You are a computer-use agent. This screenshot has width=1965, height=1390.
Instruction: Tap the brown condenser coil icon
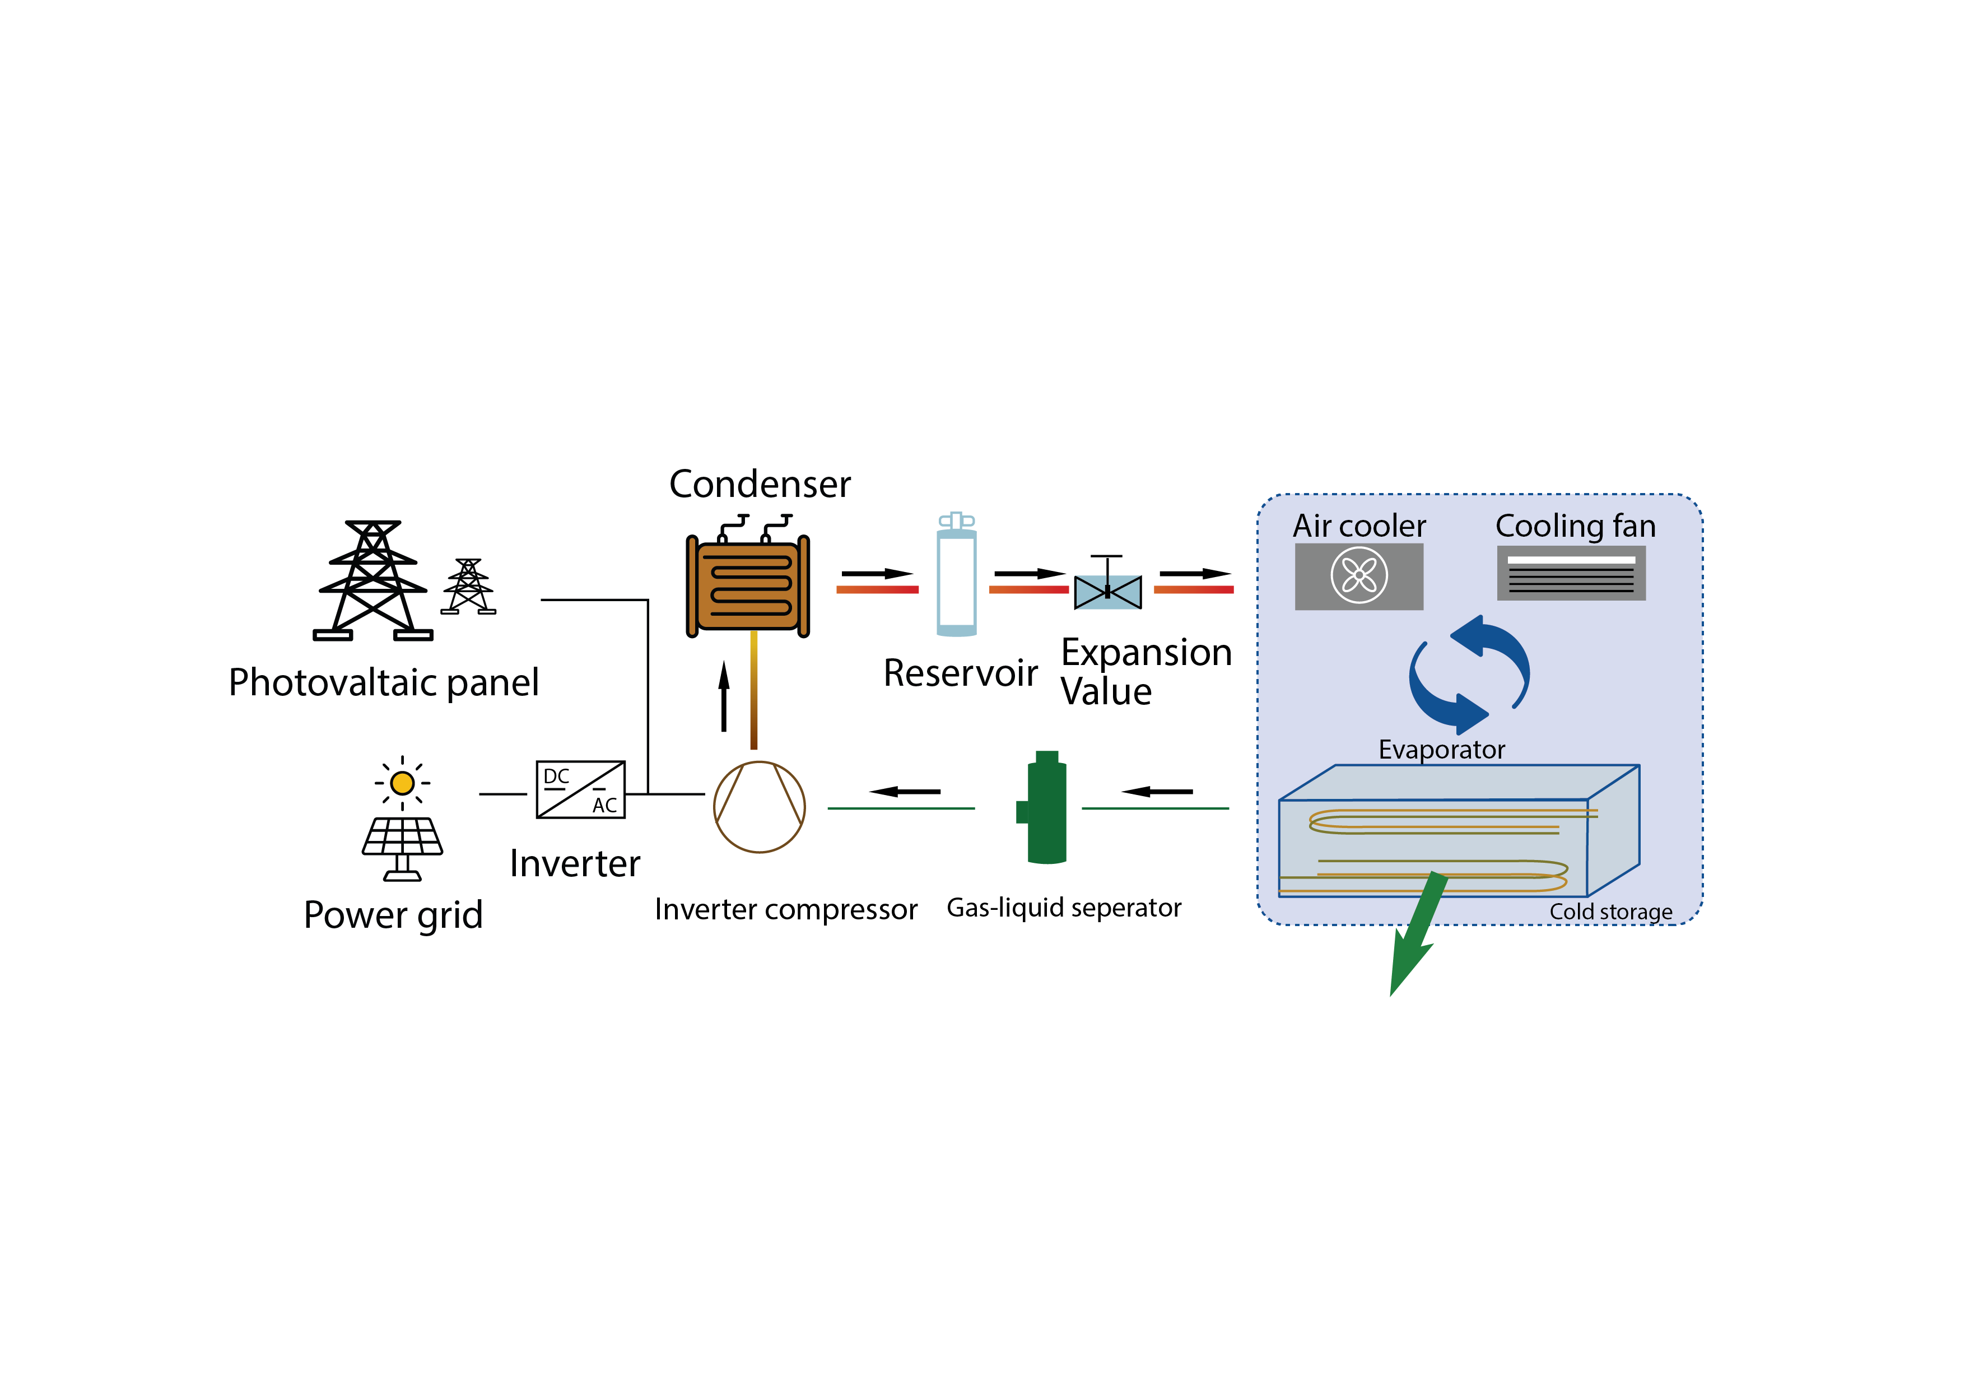tap(748, 586)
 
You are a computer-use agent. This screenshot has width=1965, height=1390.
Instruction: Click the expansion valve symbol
tap(1107, 591)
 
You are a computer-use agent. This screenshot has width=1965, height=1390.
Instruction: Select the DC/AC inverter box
tap(580, 789)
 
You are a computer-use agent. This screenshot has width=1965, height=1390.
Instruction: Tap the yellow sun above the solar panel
tap(402, 782)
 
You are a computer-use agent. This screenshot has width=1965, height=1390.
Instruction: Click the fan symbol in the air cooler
tap(1358, 575)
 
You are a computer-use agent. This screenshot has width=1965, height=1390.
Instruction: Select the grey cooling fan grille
tap(1571, 574)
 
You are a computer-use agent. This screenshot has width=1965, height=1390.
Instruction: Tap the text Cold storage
tap(1610, 912)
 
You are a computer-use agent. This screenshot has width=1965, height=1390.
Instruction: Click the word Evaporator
tap(1441, 750)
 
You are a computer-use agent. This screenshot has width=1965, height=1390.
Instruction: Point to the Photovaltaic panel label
tap(383, 683)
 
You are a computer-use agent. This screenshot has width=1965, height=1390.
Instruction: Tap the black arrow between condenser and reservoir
tap(877, 574)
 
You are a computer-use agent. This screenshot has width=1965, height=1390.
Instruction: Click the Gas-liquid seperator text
tap(1063, 907)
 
